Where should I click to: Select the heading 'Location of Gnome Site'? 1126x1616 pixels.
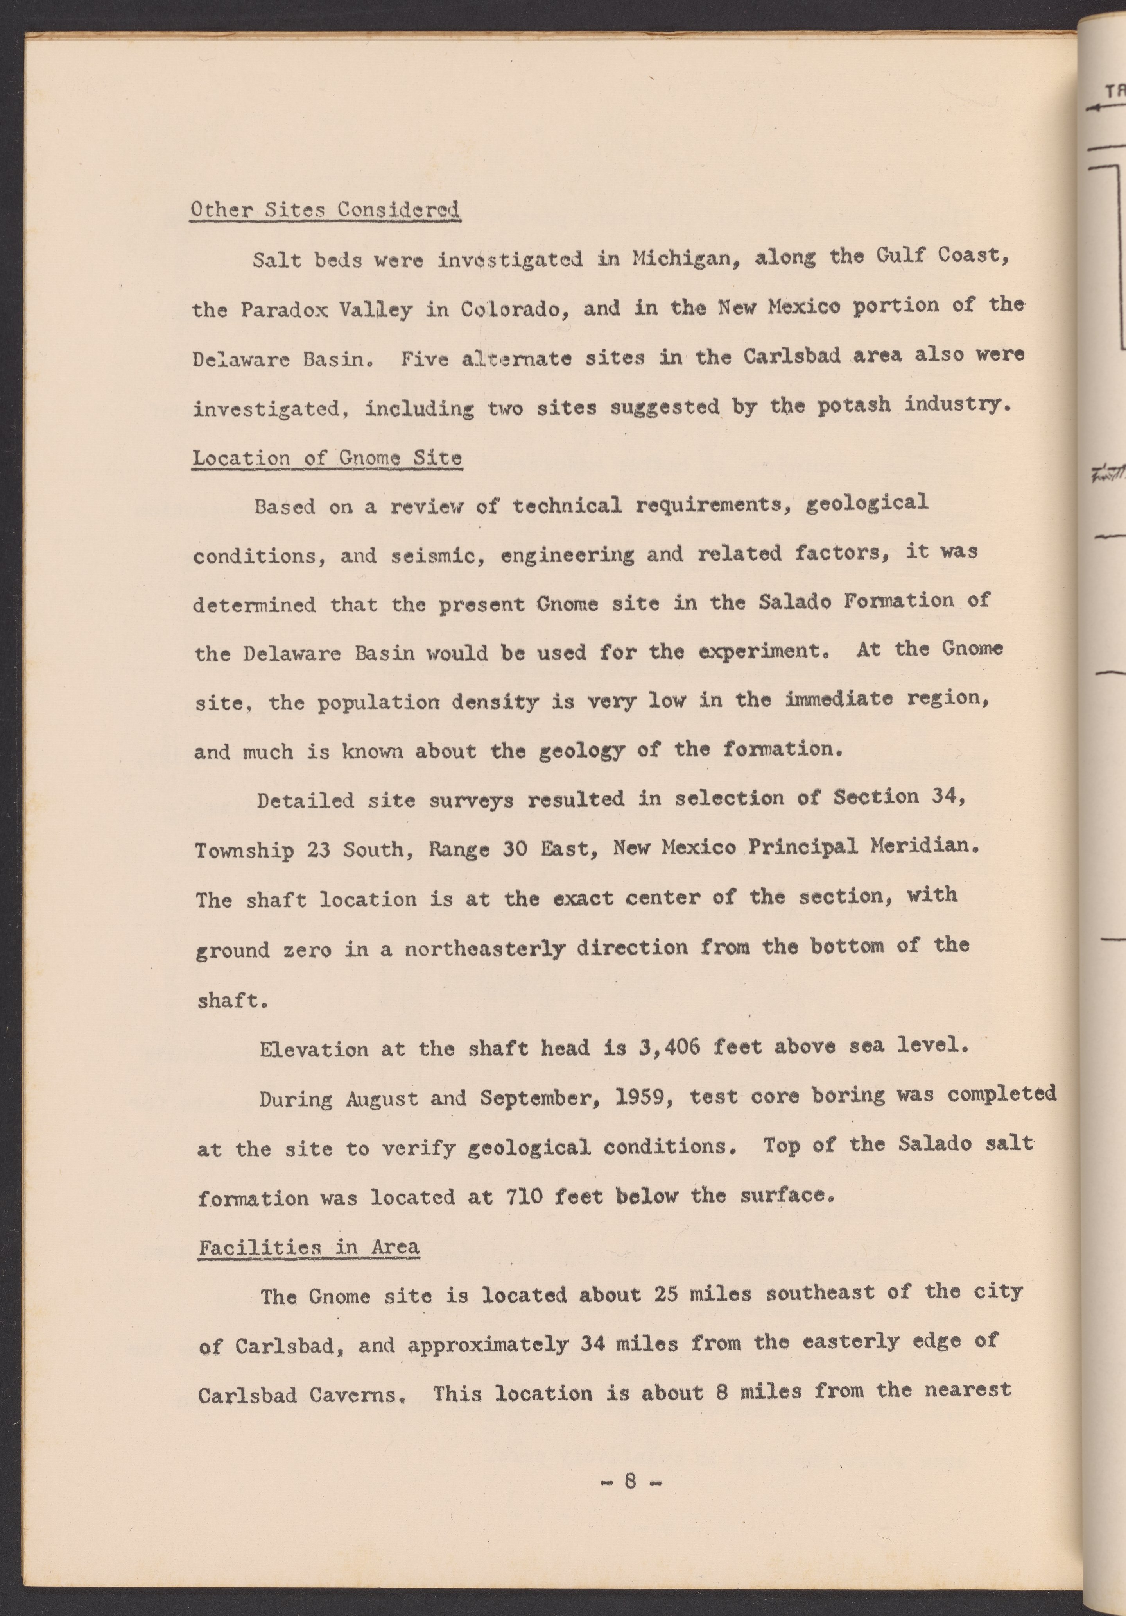(327, 458)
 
